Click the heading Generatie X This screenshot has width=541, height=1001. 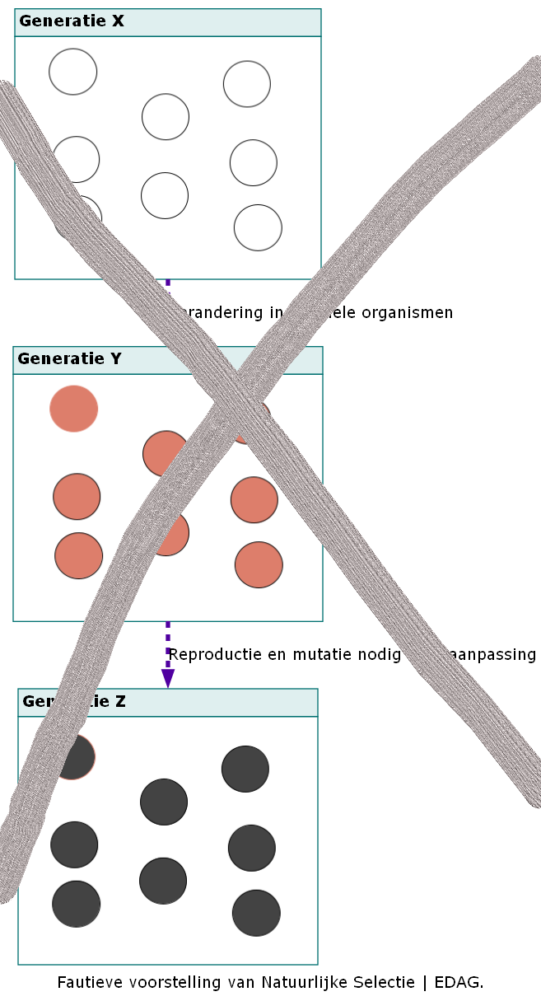[72, 21]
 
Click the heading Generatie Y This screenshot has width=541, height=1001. [69, 359]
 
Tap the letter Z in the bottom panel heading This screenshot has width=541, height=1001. [120, 702]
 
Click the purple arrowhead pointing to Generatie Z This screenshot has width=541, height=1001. [168, 678]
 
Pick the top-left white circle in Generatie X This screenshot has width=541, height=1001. [73, 72]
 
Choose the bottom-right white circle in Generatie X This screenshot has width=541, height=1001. [258, 227]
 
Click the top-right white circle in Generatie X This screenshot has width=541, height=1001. [247, 84]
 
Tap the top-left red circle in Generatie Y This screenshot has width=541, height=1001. [74, 409]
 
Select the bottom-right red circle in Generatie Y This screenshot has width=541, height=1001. [259, 564]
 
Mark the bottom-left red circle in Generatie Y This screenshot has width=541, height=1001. [79, 555]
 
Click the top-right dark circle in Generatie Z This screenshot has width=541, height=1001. [245, 769]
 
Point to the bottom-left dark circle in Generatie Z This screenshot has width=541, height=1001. [77, 904]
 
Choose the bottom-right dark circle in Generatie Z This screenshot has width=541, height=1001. [256, 913]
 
